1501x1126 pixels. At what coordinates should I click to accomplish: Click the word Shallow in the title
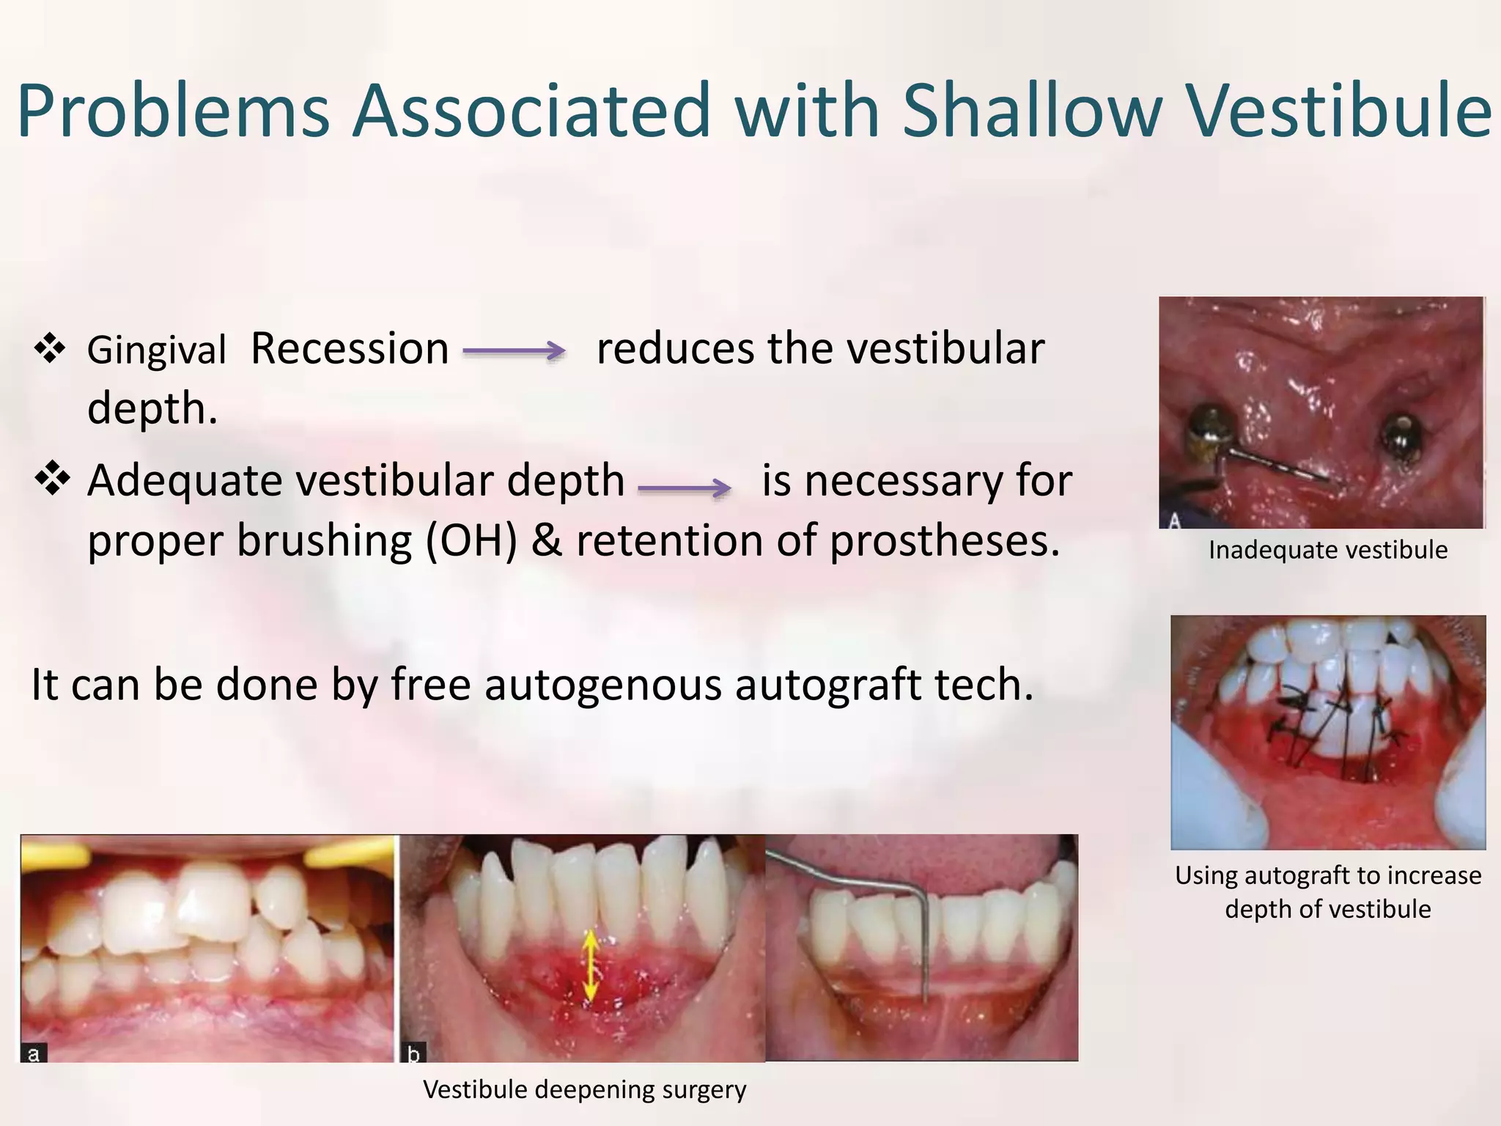click(x=1032, y=111)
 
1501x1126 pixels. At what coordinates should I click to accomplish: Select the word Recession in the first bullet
click(x=350, y=349)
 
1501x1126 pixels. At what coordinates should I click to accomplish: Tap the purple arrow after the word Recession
click(x=514, y=351)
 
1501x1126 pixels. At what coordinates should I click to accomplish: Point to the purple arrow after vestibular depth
click(x=685, y=487)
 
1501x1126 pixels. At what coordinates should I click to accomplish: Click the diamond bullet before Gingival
click(x=51, y=348)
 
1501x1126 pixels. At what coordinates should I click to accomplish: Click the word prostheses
click(x=945, y=542)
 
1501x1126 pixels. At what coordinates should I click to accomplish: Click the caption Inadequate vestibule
click(x=1327, y=550)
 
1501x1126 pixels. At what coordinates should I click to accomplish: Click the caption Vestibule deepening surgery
click(x=584, y=1089)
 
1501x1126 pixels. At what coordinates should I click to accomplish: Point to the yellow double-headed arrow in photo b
click(x=590, y=967)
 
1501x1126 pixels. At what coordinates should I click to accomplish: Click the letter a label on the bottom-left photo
click(x=33, y=1054)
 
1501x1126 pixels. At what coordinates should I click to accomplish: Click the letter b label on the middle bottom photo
click(x=413, y=1054)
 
